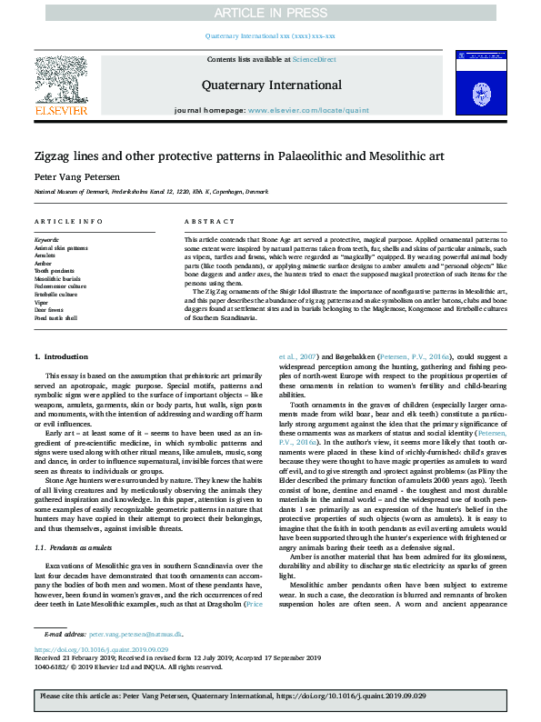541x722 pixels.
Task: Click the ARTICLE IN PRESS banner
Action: (x=270, y=12)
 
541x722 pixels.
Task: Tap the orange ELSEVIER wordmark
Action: (x=61, y=110)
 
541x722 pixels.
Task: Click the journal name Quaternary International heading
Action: (x=271, y=85)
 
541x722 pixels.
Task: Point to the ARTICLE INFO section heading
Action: (x=68, y=223)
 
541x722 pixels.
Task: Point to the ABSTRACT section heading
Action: (x=202, y=223)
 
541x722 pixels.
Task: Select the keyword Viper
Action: (x=42, y=303)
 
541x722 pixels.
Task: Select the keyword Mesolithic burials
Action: (x=58, y=278)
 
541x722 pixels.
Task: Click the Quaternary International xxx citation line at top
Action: (x=270, y=36)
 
